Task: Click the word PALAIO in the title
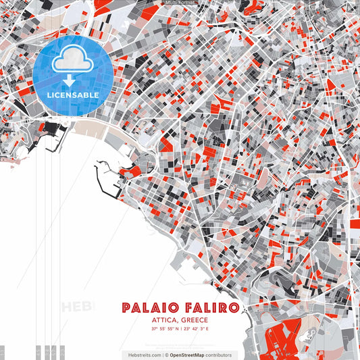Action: pyautogui.click(x=150, y=308)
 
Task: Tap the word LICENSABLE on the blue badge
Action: pyautogui.click(x=73, y=95)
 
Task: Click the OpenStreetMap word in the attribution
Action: pyautogui.click(x=188, y=355)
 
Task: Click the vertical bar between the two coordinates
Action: pyautogui.click(x=182, y=329)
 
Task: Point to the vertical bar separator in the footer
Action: pyautogui.click(x=163, y=355)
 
